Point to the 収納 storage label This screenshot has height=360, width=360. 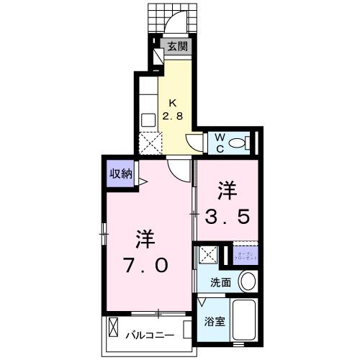[120, 173]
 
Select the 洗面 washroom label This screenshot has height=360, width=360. [220, 282]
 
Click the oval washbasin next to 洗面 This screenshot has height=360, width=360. [247, 280]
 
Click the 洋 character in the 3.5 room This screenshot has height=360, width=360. [228, 189]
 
